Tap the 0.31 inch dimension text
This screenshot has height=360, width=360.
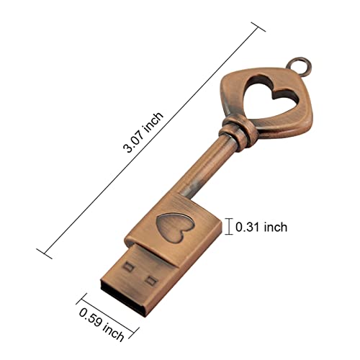click(x=261, y=227)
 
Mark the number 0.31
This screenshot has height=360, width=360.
click(x=249, y=227)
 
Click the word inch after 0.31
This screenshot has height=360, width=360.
click(x=275, y=227)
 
